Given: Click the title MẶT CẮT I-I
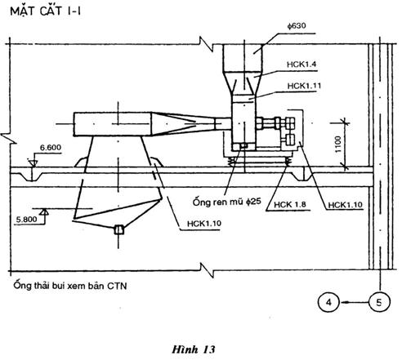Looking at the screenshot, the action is point(46,11).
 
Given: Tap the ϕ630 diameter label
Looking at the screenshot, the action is point(297,26).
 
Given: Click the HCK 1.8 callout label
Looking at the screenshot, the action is point(290,204).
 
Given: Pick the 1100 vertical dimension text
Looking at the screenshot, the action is point(337,144).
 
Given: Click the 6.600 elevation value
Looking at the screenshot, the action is point(51,148).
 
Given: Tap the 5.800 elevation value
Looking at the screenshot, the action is point(26,220).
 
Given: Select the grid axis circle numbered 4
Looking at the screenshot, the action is point(329,302).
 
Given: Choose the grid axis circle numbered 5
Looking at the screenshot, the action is point(379,302).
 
